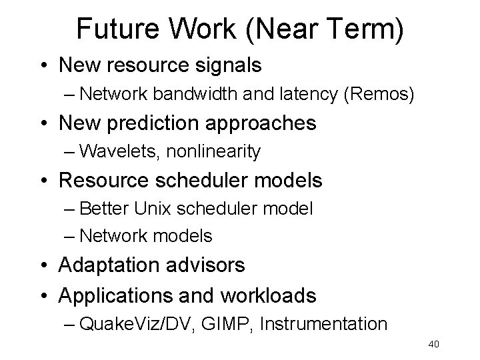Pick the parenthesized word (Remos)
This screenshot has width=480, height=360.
pyautogui.click(x=378, y=95)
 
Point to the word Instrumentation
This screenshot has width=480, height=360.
pyautogui.click(x=324, y=324)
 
